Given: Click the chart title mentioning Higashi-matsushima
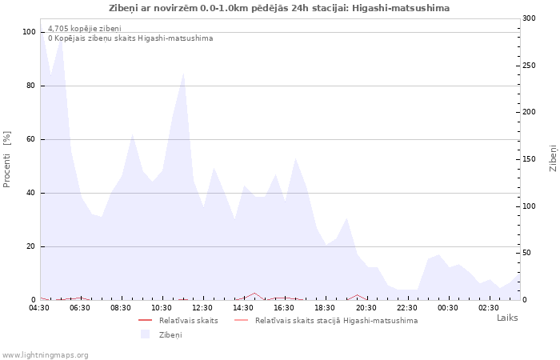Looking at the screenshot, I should click(279, 8).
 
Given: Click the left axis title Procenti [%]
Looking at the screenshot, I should click(7, 159).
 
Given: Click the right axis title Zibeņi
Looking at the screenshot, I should click(553, 158).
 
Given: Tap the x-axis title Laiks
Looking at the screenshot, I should click(507, 318).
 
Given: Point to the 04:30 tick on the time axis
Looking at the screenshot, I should click(39, 307).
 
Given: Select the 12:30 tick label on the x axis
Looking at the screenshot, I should click(203, 307).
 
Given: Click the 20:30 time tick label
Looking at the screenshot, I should click(366, 307).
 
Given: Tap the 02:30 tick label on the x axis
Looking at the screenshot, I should click(489, 307).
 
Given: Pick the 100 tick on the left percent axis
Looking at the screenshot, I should click(29, 32).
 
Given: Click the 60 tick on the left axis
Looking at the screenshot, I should click(30, 139).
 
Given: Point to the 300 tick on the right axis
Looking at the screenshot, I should click(529, 18).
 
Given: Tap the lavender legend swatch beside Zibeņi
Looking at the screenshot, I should click(145, 334).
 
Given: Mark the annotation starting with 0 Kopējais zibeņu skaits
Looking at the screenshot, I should click(130, 38).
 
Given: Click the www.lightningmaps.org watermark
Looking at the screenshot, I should click(46, 354).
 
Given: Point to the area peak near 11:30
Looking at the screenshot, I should click(183, 74).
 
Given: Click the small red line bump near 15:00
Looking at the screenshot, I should click(254, 294).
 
